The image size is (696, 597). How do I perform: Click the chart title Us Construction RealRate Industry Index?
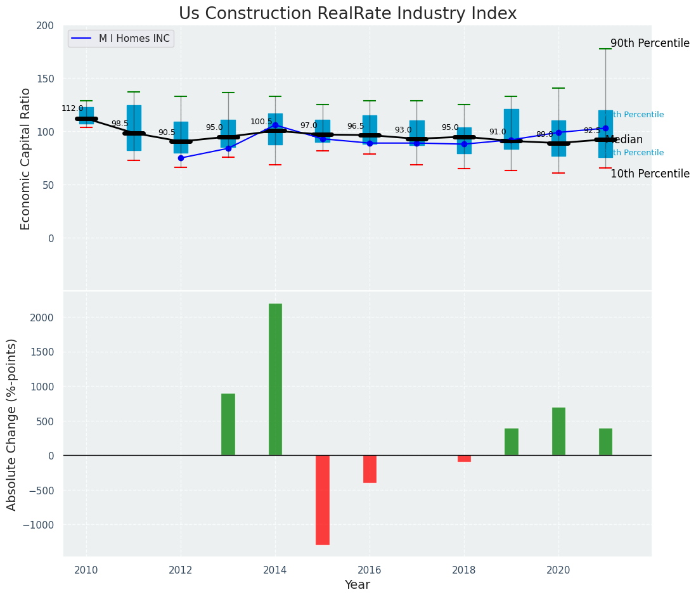pos(347,14)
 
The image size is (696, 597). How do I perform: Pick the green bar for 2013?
pos(228,424)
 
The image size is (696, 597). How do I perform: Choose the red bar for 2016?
pos(370,469)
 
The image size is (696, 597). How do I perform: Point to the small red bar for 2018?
pos(464,458)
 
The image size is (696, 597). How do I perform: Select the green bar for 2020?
pos(558,431)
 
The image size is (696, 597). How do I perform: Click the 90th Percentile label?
pos(650,44)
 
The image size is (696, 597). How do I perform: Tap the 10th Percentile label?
pos(650,174)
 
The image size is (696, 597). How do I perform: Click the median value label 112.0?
pos(72,108)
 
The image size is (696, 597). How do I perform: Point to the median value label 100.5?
pos(261,122)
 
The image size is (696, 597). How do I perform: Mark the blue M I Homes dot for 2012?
pos(181,158)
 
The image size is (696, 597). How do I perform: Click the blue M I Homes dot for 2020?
pos(558,132)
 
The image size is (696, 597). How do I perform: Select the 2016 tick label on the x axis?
pos(370,570)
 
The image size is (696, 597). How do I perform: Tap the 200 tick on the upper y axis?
pos(45,25)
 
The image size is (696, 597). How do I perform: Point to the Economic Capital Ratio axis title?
pos(26,158)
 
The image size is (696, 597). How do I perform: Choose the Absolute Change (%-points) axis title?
pos(12,424)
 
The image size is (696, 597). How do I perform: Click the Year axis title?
pos(358,585)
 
